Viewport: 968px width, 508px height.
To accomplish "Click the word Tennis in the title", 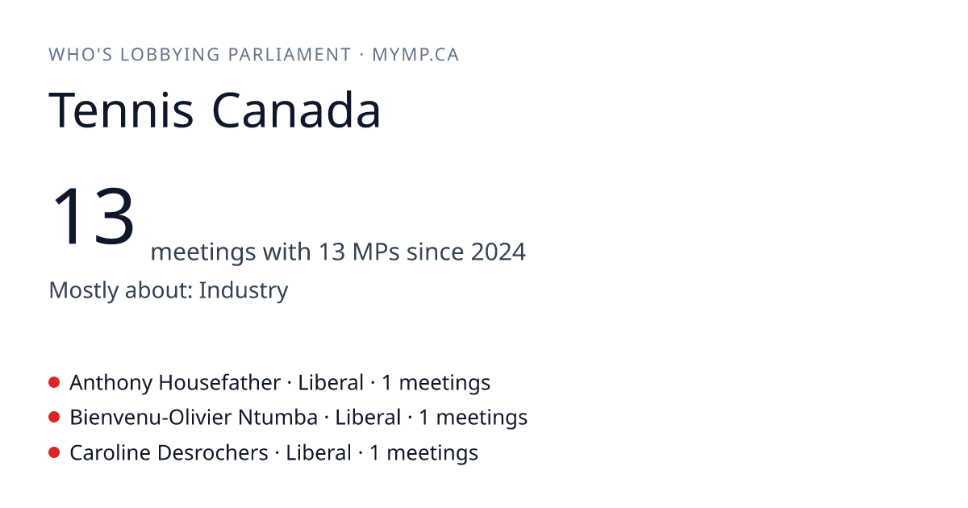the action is point(121,110).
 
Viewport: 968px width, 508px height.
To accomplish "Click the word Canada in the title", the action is point(297,110).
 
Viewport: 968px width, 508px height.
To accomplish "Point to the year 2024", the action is point(499,252).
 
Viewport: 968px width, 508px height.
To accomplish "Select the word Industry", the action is point(244,290).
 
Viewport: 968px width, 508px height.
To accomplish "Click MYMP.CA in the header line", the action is point(415,55).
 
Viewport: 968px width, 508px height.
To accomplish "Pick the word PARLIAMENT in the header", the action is point(290,55).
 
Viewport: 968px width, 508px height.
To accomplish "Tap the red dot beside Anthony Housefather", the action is point(54,382).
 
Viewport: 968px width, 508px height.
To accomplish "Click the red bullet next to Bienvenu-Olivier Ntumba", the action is point(54,418).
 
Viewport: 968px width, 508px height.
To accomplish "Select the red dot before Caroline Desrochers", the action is point(54,452).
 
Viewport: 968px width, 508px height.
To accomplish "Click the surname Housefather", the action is point(219,383).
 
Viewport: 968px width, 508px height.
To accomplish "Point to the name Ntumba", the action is point(277,418).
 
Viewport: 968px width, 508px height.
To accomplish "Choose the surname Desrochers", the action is point(213,453).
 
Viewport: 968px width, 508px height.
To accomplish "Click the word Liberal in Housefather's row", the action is point(331,383).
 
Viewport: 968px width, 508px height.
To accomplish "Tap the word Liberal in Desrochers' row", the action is point(319,453).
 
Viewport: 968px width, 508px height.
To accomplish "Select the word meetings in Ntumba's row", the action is point(482,418).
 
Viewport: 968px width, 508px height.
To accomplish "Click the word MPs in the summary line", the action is point(376,252).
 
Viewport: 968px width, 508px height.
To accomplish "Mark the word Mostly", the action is point(83,290).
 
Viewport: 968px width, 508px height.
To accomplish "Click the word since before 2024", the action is point(435,252).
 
